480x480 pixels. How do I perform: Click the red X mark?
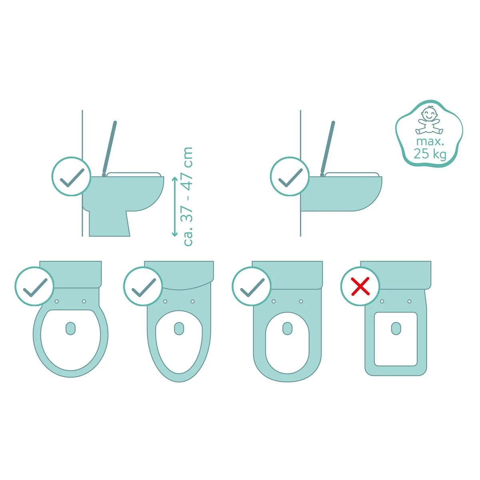(x=360, y=287)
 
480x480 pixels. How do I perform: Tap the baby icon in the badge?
(x=429, y=121)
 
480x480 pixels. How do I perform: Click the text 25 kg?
(x=430, y=154)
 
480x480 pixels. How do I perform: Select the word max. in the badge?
(x=430, y=142)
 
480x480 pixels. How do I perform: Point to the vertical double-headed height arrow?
(x=174, y=206)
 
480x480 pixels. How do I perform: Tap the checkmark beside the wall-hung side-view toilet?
(x=290, y=178)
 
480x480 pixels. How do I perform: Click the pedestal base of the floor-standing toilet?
(x=109, y=224)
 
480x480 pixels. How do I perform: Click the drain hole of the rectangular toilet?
(x=396, y=328)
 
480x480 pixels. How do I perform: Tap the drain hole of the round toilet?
(x=70, y=328)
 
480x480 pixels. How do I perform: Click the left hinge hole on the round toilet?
(x=57, y=302)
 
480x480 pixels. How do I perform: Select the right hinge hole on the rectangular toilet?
(x=410, y=302)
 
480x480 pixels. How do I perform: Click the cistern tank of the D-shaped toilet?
(x=288, y=275)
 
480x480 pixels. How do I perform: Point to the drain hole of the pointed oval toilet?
(x=179, y=328)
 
